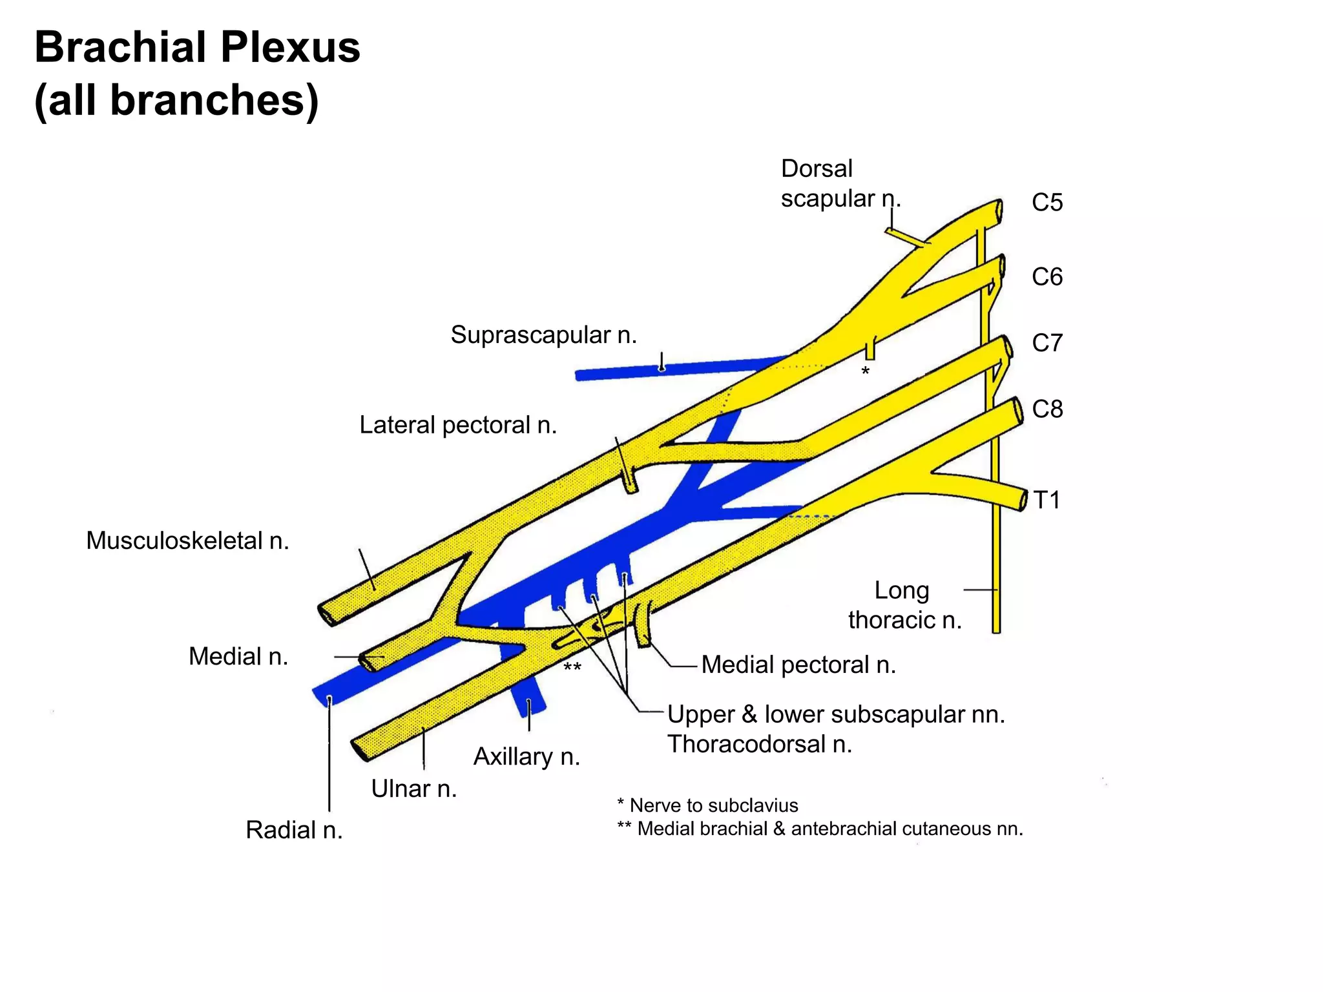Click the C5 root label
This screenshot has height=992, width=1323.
[x=1047, y=203]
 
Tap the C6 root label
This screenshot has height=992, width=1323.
[x=1047, y=277]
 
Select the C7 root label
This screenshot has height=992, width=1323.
[x=1047, y=343]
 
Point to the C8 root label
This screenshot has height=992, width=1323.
[x=1047, y=409]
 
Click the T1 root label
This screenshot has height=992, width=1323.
[x=1047, y=501]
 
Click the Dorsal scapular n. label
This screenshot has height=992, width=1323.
[x=840, y=183]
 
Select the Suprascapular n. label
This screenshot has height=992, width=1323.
[x=543, y=335]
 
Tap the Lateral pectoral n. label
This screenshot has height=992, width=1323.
[x=457, y=426]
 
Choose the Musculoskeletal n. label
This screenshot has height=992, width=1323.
[x=187, y=541]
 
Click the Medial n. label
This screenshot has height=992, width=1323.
[x=238, y=657]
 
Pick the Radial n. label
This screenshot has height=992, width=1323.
[x=294, y=831]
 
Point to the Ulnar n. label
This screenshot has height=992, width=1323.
[x=413, y=789]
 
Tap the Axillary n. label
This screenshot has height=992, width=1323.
[x=526, y=757]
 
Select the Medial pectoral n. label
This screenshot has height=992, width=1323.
[x=798, y=665]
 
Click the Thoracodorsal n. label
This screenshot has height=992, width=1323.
[x=760, y=745]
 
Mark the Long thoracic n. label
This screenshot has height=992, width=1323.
[x=904, y=606]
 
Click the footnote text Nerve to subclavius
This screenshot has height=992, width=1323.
[x=713, y=806]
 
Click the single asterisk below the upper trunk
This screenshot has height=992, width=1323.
[x=865, y=371]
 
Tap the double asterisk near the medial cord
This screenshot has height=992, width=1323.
[x=572, y=667]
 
